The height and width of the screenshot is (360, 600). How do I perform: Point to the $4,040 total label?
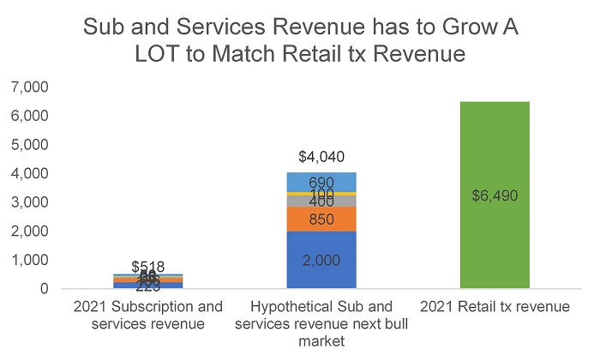321,157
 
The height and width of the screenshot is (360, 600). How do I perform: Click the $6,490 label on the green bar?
495,195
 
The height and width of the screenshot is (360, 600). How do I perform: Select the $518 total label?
147,267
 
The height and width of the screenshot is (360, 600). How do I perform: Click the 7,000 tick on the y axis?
31,87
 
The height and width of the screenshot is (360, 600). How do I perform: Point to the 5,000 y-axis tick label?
31,145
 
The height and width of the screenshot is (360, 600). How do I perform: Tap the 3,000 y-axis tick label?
31,202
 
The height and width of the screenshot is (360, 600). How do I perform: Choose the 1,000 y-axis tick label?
31,260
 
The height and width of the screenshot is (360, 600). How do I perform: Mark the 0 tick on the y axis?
44,289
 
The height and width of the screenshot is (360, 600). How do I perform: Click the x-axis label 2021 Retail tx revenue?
495,307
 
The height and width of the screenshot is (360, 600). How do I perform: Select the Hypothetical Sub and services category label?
321,322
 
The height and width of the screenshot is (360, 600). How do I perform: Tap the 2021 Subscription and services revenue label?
147,315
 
